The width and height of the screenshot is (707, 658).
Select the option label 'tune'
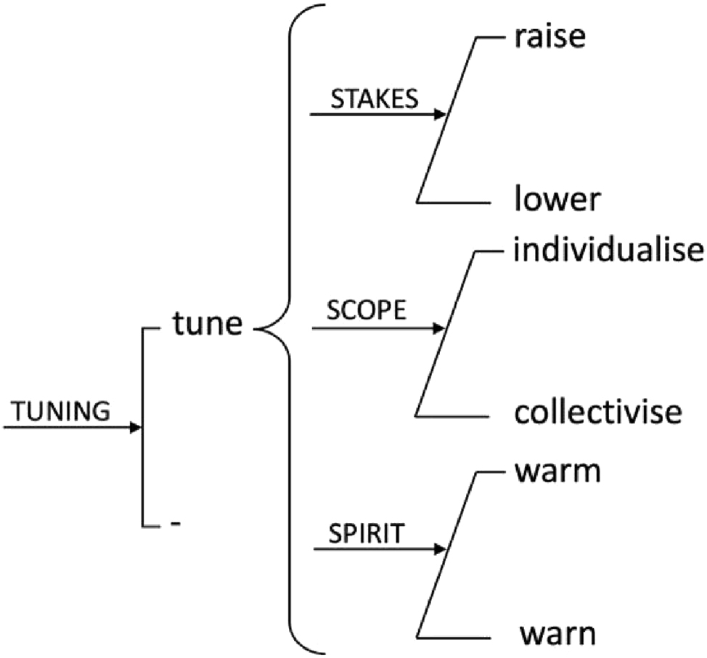207,324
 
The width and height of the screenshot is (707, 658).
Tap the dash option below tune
175,525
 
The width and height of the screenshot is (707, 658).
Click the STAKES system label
375,99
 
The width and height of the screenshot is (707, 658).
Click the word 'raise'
549,37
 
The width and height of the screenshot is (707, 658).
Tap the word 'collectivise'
598,413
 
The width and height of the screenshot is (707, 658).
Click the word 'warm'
557,471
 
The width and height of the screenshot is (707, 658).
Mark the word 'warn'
557,634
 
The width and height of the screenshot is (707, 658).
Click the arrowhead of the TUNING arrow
134,428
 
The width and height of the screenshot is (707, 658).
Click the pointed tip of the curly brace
257,330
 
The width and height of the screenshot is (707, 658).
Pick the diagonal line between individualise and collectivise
446,333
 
